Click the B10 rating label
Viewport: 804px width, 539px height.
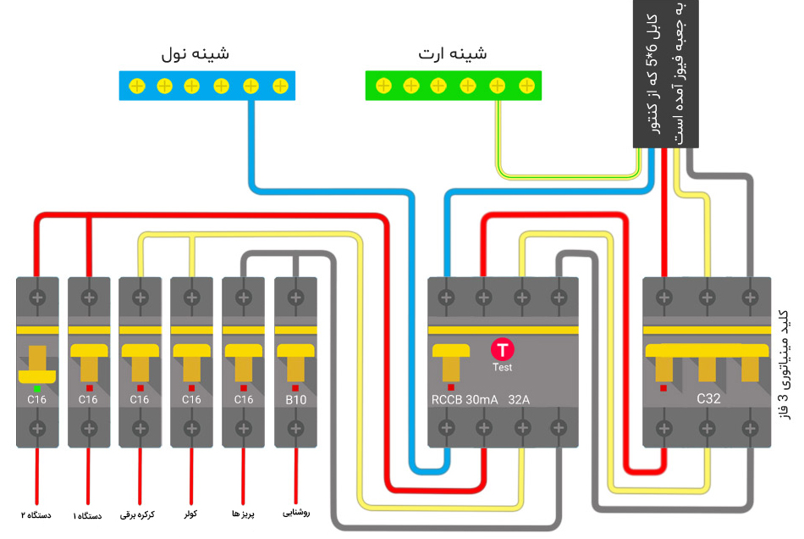[x=295, y=399]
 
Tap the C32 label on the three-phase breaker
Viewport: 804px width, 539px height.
[x=708, y=398]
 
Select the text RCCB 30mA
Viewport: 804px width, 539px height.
[x=465, y=399]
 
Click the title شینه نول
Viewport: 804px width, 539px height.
[x=195, y=53]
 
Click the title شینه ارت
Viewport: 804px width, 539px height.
[x=453, y=53]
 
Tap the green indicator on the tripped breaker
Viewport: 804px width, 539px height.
[x=37, y=388]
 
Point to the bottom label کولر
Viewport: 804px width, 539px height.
[x=191, y=513]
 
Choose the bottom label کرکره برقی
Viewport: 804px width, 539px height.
[x=140, y=514]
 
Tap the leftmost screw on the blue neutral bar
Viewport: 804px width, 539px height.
[x=135, y=86]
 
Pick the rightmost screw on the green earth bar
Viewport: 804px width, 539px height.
[x=526, y=86]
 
